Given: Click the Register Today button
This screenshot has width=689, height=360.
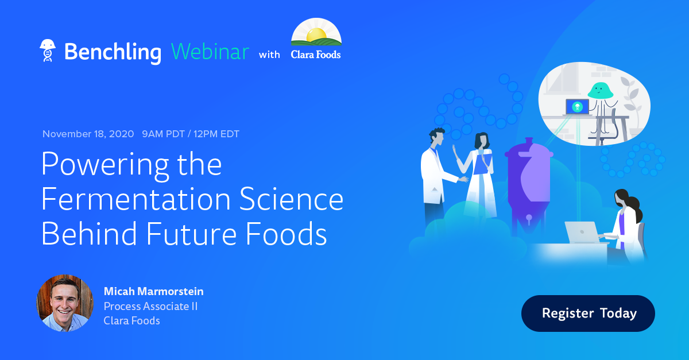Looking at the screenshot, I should pyautogui.click(x=588, y=313).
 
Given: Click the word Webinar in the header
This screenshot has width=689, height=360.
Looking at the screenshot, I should pyautogui.click(x=210, y=52).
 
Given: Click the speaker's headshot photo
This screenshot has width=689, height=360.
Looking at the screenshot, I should pyautogui.click(x=65, y=303).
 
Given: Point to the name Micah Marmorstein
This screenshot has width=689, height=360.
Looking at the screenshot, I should pyautogui.click(x=153, y=291).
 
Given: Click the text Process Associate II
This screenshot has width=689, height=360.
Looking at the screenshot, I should pyautogui.click(x=150, y=306).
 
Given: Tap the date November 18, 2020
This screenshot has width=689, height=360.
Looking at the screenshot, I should pyautogui.click(x=88, y=134).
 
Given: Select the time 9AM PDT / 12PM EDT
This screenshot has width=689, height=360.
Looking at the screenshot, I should pyautogui.click(x=191, y=134).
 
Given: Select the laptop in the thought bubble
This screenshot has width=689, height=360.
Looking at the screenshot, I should pyautogui.click(x=577, y=107).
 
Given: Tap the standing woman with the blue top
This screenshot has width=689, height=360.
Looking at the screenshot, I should pyautogui.click(x=481, y=172).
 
